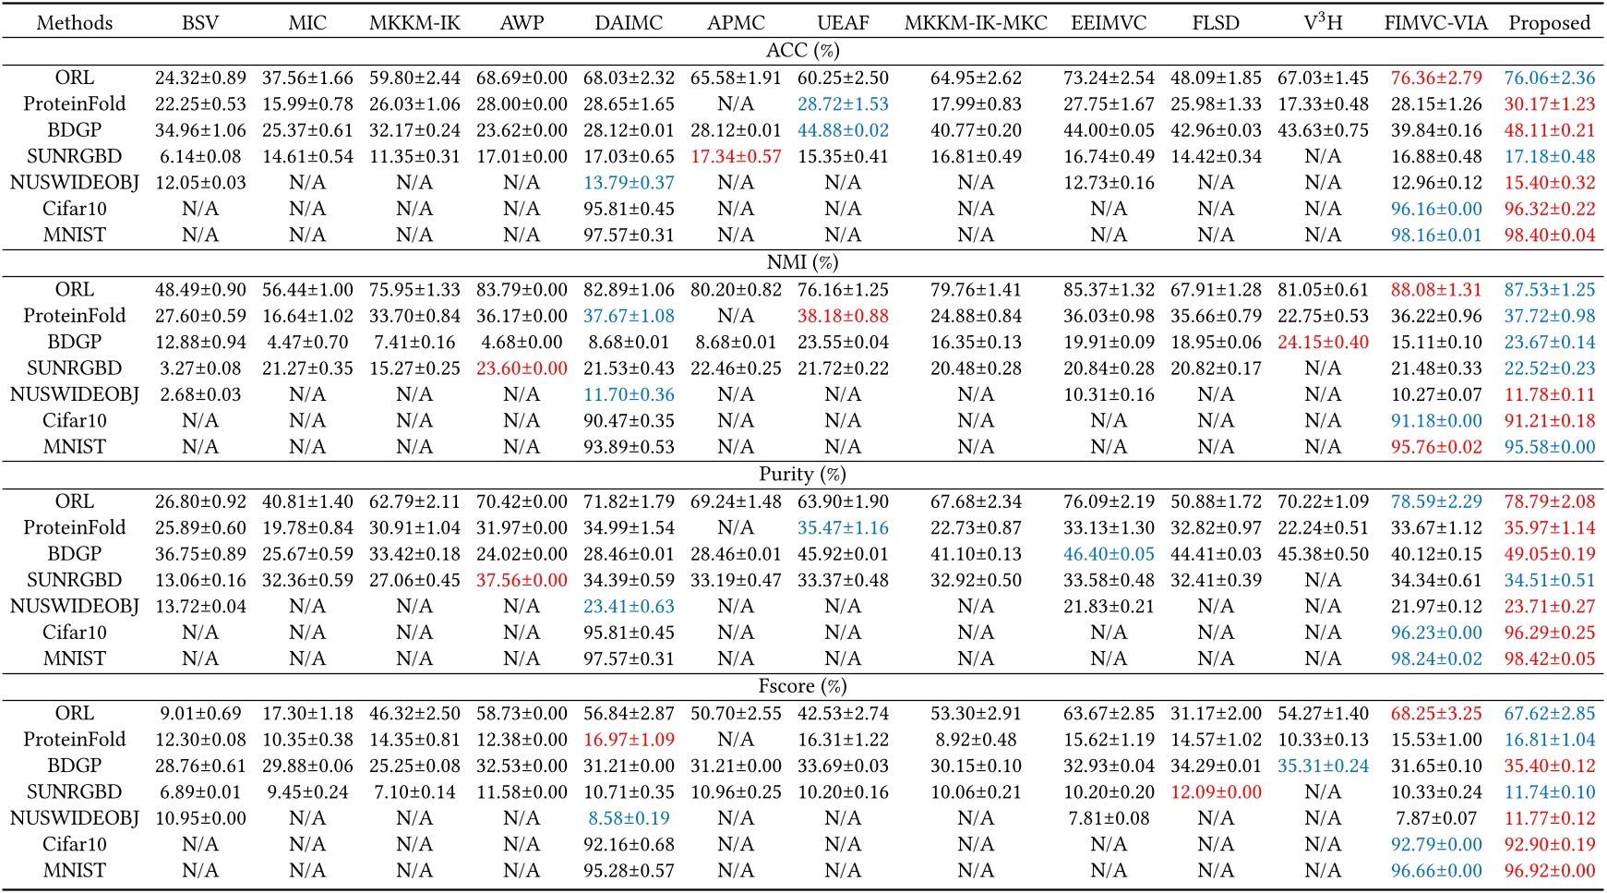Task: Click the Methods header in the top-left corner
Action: pyautogui.click(x=74, y=23)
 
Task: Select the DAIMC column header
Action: pyautogui.click(x=629, y=23)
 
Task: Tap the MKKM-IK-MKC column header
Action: pyautogui.click(x=976, y=23)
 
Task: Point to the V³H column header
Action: pyautogui.click(x=1323, y=23)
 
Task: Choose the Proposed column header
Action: pyautogui.click(x=1549, y=23)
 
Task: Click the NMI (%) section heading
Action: pyautogui.click(x=802, y=262)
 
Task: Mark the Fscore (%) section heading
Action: pyautogui.click(x=802, y=686)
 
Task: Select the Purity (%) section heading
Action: pyautogui.click(x=802, y=475)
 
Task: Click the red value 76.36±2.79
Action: pyautogui.click(x=1436, y=78)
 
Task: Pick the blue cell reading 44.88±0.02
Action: pyautogui.click(x=843, y=130)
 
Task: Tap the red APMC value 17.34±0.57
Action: pyautogui.click(x=736, y=156)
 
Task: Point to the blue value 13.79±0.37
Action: pyautogui.click(x=629, y=183)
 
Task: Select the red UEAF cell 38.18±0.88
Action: pyautogui.click(x=843, y=316)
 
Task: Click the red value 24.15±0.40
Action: pyautogui.click(x=1323, y=342)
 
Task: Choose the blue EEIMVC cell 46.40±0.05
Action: pyautogui.click(x=1109, y=554)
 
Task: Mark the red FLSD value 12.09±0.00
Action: pyautogui.click(x=1216, y=792)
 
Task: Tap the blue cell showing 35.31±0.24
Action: pyautogui.click(x=1323, y=766)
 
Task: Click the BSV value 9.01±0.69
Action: pyautogui.click(x=200, y=713)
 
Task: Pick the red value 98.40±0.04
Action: pyautogui.click(x=1549, y=235)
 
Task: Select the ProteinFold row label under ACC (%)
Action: pyautogui.click(x=74, y=104)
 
